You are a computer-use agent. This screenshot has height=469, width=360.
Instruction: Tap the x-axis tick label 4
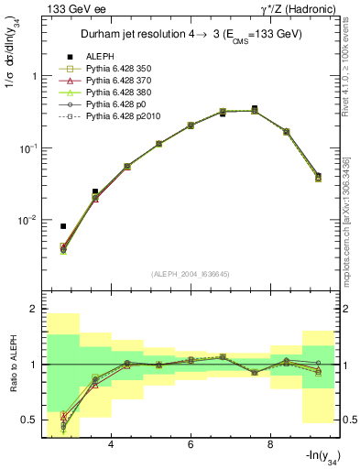click(111, 446)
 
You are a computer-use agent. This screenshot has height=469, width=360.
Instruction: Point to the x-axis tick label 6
click(191, 446)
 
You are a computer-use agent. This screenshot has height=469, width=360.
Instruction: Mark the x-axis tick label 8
click(270, 446)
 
